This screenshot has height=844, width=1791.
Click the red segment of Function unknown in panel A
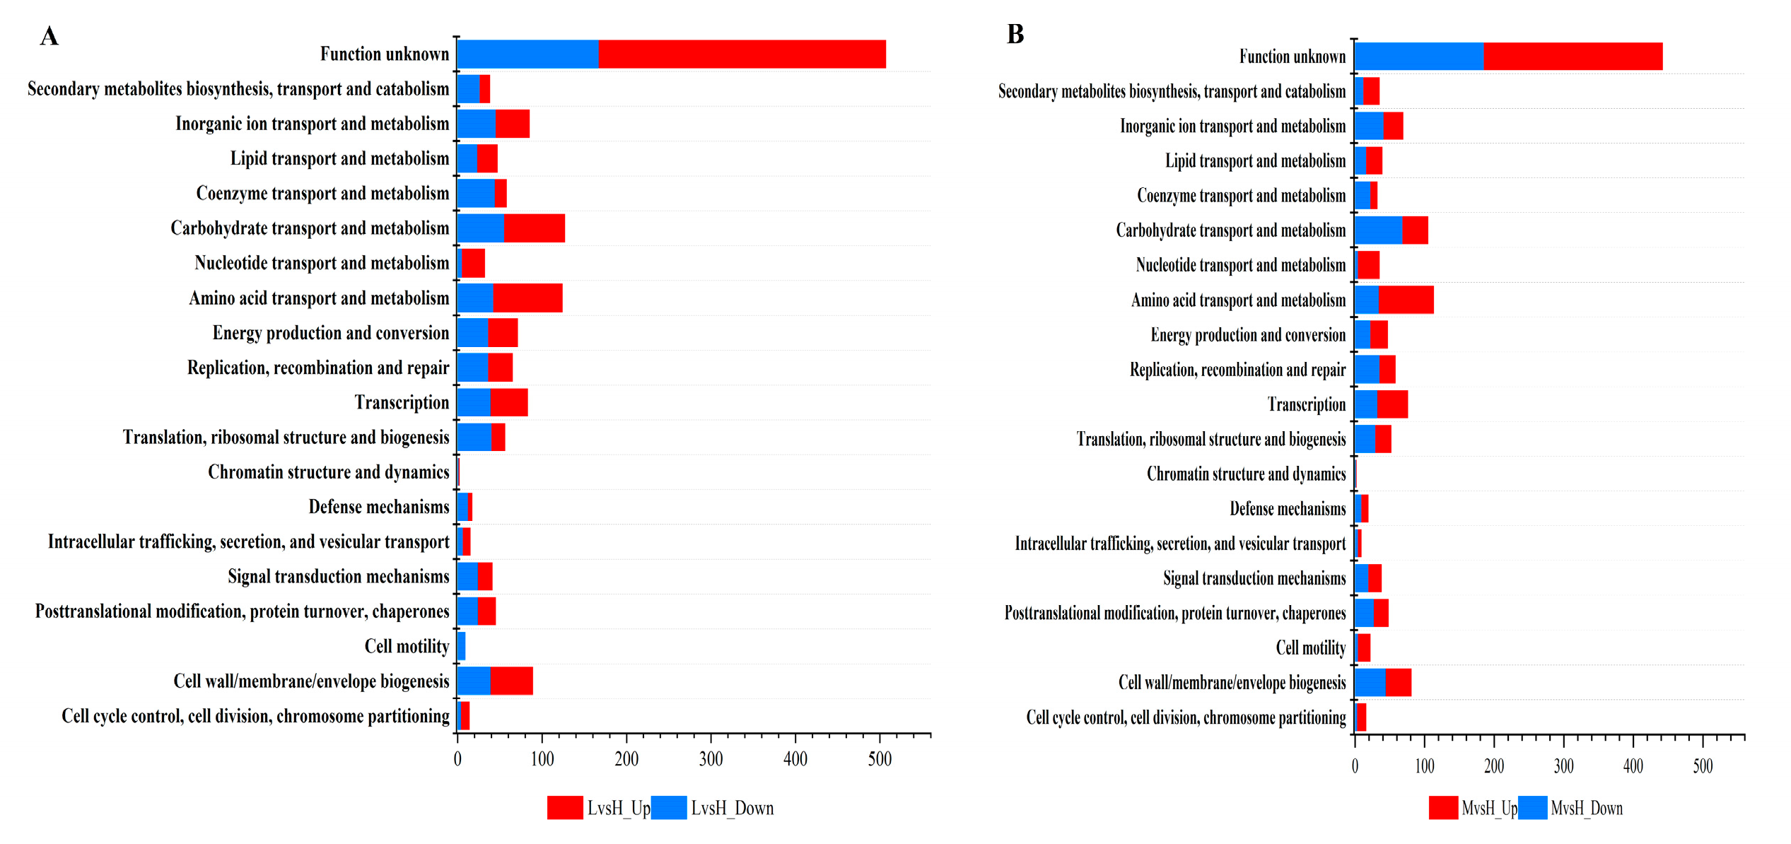pos(742,54)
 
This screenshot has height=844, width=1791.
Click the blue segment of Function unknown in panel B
pos(1418,57)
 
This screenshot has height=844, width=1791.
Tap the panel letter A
pos(49,36)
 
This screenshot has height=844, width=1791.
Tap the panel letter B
pos(1015,34)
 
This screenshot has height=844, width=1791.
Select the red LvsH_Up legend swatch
pos(564,808)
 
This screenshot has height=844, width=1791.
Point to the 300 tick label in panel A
pos(711,760)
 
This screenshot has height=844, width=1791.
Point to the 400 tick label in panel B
pos(1633,766)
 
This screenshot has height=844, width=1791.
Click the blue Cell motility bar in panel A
pos(461,646)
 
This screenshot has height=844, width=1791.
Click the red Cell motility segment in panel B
pos(1364,648)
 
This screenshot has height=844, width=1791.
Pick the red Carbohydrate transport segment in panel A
pos(535,228)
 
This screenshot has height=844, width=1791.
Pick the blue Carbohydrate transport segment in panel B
pos(1378,230)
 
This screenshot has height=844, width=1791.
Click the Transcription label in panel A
pos(402,403)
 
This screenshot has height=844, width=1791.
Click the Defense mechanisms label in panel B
pos(1287,509)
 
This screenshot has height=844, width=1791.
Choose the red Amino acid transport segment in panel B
pos(1406,300)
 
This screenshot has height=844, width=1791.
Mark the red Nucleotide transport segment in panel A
pos(473,263)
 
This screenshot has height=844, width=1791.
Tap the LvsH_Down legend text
pos(732,808)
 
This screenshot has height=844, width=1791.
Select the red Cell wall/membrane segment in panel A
pos(511,681)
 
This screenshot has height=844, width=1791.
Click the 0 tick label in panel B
pos(1355,766)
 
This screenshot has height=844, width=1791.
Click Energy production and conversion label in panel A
pos(330,333)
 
